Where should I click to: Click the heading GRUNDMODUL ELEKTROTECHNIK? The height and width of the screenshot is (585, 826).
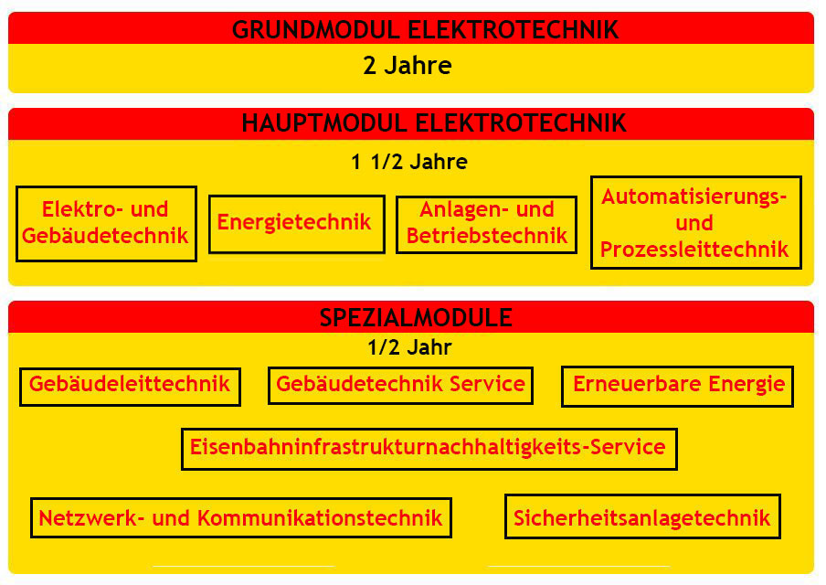(x=425, y=29)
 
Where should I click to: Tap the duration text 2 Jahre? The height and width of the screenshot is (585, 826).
(x=408, y=66)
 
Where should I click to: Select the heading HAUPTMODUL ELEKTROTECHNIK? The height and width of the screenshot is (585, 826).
(x=433, y=123)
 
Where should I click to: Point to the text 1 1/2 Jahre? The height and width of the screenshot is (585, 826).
(x=409, y=163)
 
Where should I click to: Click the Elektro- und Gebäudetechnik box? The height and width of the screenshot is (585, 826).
(x=106, y=223)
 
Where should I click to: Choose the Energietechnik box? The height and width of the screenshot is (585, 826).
(x=295, y=223)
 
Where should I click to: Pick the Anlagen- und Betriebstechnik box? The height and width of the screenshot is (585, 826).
(x=486, y=224)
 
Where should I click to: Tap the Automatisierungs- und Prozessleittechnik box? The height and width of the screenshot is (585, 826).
(x=694, y=223)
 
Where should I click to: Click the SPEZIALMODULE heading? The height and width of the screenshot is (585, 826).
(x=416, y=318)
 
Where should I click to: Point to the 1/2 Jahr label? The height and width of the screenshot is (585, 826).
(x=409, y=347)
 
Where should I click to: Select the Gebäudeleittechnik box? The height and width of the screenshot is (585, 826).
(x=130, y=385)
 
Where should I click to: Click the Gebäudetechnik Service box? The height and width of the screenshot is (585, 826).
(x=400, y=385)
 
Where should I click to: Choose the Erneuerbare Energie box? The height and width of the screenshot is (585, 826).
(x=678, y=385)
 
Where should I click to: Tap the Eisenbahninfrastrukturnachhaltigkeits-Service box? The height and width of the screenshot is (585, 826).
(x=428, y=448)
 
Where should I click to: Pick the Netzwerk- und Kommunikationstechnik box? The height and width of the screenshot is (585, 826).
(x=240, y=518)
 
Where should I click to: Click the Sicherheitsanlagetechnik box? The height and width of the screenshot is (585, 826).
(x=641, y=518)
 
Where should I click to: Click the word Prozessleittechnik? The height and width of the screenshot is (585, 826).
(x=694, y=249)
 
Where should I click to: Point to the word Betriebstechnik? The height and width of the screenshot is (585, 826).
(x=486, y=236)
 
